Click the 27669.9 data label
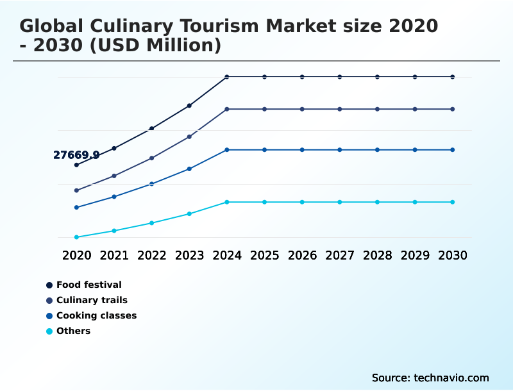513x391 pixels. pos(76,155)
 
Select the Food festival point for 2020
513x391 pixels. pos(76,165)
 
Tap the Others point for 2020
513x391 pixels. pos(76,237)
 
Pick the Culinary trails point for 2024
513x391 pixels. pos(227,109)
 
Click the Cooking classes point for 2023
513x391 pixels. pos(189,169)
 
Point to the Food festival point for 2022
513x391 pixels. pos(152,129)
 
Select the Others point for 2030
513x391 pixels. pos(453,202)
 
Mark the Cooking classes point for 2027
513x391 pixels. pos(340,150)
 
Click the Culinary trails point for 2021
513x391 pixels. pos(114,176)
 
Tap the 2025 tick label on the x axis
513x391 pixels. pos(264,255)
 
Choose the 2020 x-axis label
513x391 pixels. pos(76,255)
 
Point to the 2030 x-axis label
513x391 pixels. pos(453,255)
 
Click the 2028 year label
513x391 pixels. pos(377,255)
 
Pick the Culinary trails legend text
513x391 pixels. pos(92,300)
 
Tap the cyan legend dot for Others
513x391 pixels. pos(49,331)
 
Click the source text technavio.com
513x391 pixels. pos(430,378)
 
